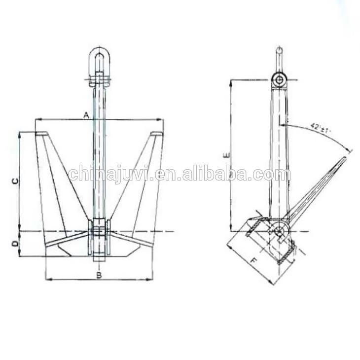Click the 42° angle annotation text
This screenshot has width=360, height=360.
(x=321, y=127)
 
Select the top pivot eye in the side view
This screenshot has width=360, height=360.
(x=280, y=80)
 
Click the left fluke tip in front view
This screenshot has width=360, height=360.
(x=42, y=134)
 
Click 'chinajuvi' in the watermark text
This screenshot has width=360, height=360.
(x=107, y=174)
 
